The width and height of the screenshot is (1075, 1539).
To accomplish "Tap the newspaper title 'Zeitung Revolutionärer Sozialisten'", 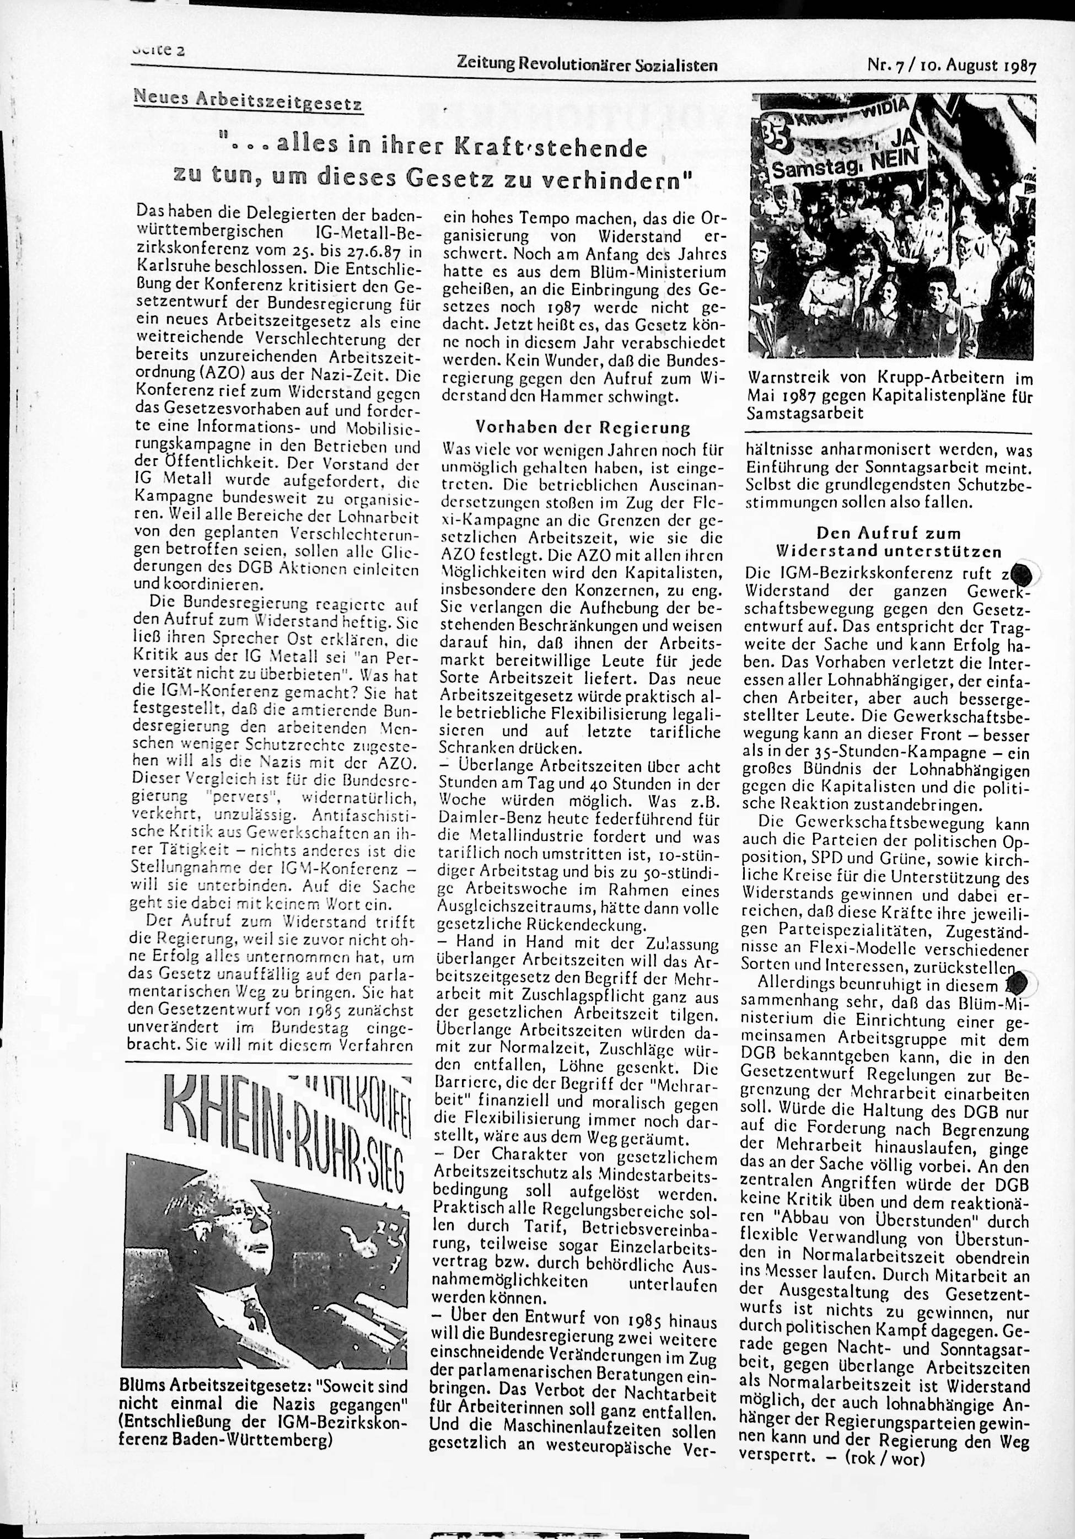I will (587, 66).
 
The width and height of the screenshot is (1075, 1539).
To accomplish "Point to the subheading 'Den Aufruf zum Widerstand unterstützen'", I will (888, 542).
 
